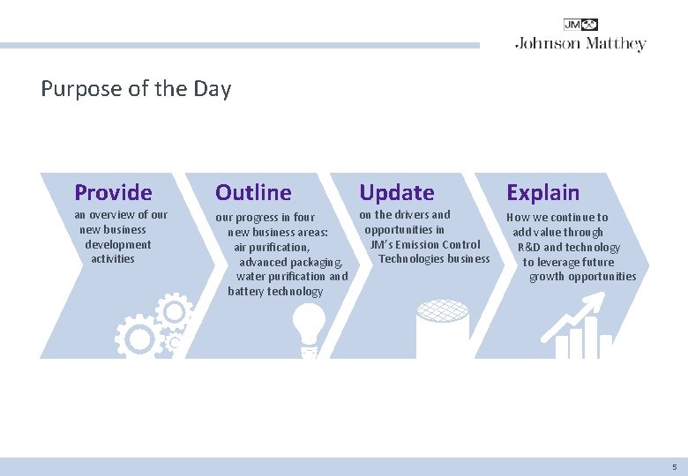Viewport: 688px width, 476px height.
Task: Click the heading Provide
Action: [113, 192]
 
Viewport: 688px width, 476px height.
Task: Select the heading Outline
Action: [253, 192]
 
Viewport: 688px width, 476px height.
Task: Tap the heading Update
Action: [396, 192]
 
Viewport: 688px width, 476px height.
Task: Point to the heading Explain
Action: [542, 192]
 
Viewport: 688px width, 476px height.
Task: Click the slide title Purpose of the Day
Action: [136, 89]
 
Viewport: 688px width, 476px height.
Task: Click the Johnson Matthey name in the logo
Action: [580, 44]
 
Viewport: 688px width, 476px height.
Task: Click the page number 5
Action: [674, 466]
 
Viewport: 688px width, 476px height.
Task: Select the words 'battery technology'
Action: [275, 291]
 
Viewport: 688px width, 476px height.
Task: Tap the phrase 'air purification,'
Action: [272, 248]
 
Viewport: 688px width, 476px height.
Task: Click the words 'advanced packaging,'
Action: [290, 263]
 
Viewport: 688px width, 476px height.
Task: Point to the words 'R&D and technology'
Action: [568, 247]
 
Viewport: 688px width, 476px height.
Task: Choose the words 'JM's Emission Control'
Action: [425, 244]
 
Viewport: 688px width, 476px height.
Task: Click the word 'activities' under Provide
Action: [113, 258]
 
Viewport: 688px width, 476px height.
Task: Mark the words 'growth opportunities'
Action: [582, 276]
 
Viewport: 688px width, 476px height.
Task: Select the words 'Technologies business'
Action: [434, 258]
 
